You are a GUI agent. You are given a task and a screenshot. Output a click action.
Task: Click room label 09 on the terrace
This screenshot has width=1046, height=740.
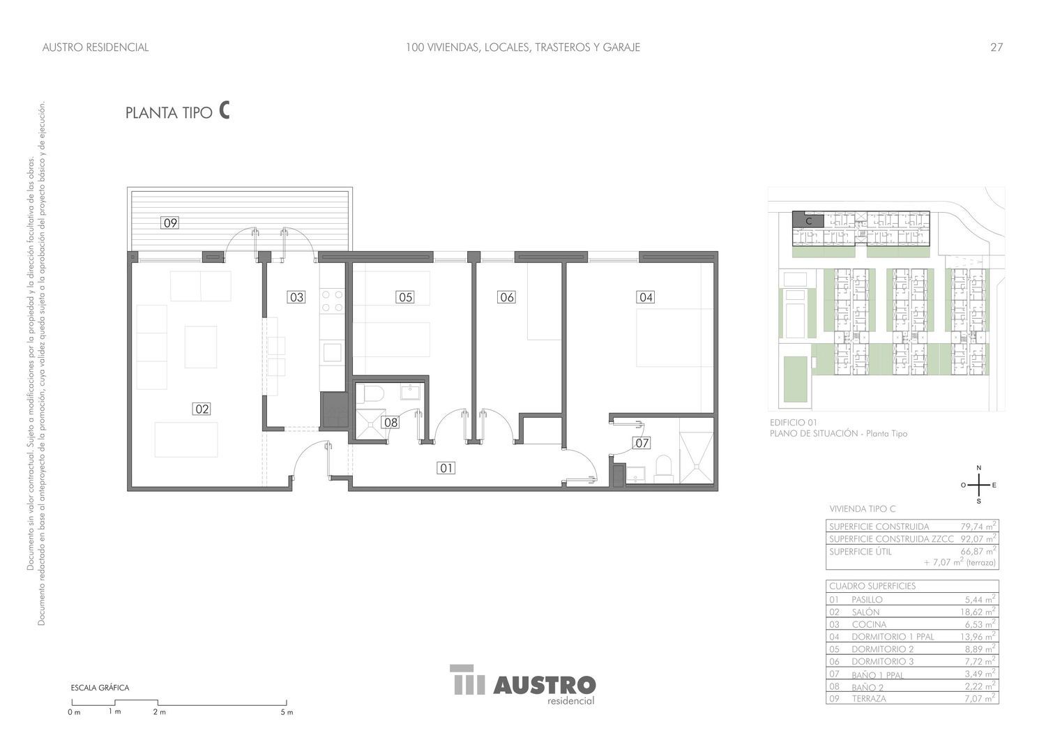tap(170, 223)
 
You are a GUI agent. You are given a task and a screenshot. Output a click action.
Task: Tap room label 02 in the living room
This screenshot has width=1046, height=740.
tap(202, 409)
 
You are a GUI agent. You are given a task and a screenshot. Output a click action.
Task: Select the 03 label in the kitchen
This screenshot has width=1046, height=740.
tap(296, 297)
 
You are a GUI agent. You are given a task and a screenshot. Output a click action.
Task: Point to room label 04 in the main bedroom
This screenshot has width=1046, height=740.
tap(646, 297)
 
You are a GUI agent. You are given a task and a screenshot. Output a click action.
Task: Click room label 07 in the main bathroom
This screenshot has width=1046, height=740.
tap(642, 443)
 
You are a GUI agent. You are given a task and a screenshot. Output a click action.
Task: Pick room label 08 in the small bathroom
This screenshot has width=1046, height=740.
tap(391, 423)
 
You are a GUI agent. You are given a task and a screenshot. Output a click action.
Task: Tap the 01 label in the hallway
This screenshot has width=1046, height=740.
tap(446, 468)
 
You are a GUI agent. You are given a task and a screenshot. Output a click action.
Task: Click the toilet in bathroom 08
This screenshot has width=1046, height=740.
tap(370, 393)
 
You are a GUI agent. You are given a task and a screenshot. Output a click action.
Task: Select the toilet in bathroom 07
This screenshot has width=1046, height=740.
tap(664, 469)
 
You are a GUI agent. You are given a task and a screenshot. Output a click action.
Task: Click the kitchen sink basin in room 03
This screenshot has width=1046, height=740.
tap(332, 352)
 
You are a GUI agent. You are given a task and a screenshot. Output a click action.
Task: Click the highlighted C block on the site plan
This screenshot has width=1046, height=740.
tap(808, 220)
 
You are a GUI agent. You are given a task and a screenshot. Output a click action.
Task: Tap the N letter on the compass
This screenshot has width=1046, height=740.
tap(979, 467)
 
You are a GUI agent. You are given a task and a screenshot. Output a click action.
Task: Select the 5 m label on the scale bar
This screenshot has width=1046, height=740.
tap(287, 712)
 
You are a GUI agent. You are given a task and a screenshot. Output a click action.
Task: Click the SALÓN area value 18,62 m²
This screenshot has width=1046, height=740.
tap(980, 612)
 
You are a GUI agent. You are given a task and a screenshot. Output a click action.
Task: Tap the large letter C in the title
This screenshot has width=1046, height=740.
tap(224, 111)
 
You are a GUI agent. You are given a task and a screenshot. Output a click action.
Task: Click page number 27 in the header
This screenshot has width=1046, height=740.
tap(996, 47)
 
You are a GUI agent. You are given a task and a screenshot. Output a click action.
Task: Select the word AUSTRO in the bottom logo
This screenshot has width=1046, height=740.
tap(545, 686)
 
